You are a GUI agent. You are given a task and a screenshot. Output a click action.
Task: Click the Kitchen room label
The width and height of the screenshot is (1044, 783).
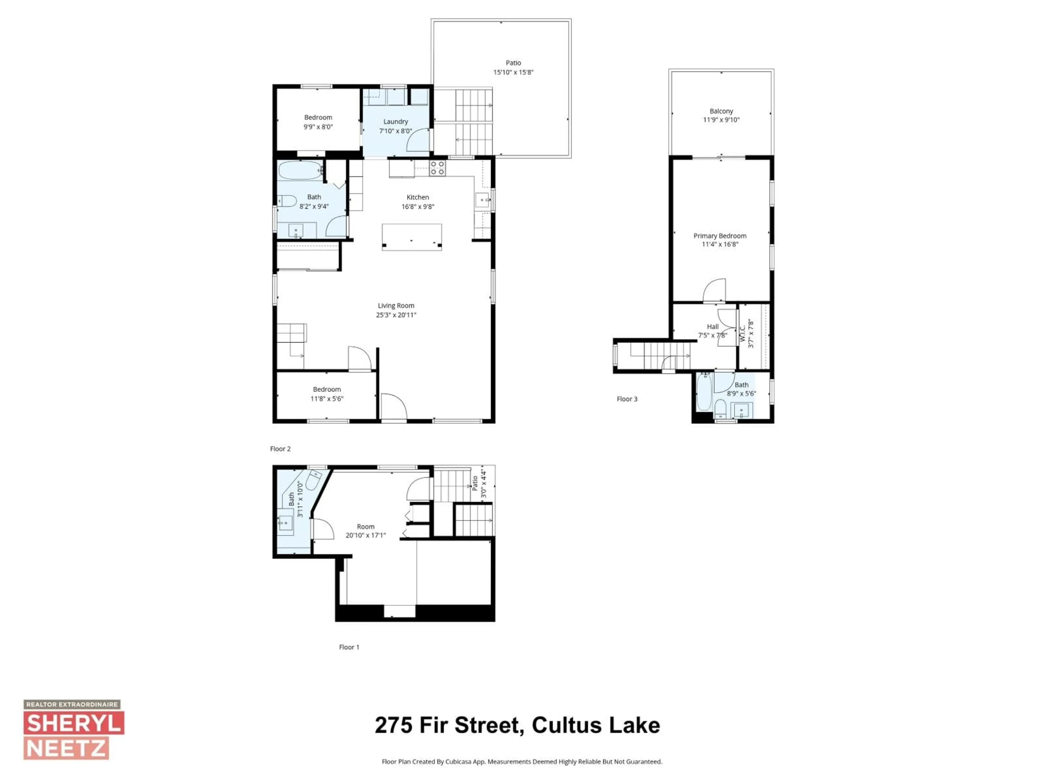[x=418, y=197]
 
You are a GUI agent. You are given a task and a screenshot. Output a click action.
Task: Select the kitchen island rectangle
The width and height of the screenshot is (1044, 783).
[x=412, y=237]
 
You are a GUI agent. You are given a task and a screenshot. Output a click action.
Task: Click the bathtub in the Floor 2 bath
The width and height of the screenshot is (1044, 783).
[x=299, y=170]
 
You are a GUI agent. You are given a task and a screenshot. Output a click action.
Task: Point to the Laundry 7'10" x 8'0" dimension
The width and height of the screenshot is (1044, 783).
[x=396, y=131]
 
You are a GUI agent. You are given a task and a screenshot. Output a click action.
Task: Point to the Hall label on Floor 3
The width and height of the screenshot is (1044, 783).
[x=713, y=327]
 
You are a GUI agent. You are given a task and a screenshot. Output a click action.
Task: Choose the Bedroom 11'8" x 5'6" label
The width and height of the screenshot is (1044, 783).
[x=327, y=394]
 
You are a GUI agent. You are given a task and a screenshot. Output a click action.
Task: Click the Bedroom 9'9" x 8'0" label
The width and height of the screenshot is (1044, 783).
[x=318, y=122]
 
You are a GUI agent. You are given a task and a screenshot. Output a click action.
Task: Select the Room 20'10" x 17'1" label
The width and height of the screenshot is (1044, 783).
[x=365, y=530]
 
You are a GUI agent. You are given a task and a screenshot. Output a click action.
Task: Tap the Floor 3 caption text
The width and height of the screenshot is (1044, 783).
[x=627, y=399]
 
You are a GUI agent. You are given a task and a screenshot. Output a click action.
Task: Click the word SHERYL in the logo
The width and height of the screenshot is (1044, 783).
[x=74, y=723]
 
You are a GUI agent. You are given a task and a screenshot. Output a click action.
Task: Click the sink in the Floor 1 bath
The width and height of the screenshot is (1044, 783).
[x=285, y=523]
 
